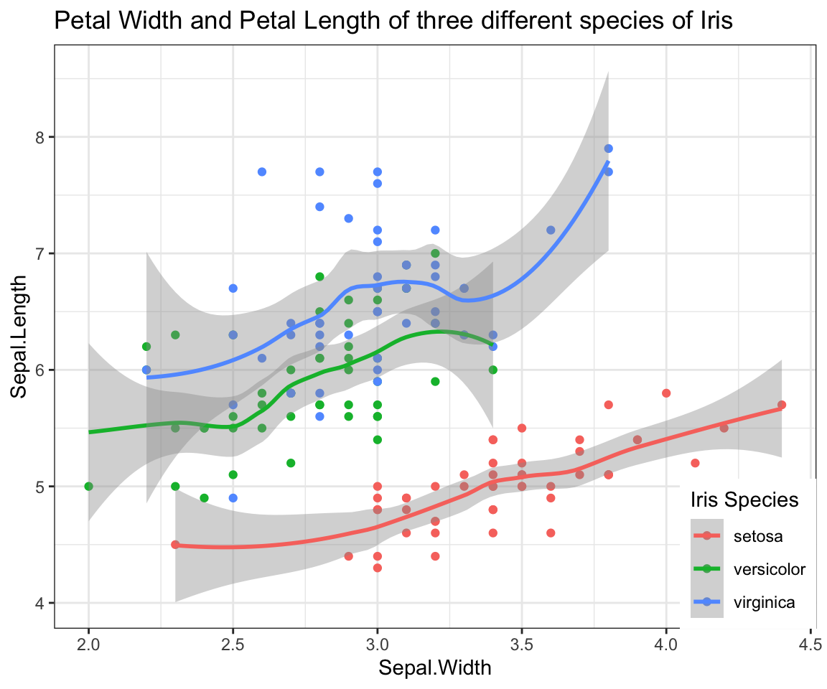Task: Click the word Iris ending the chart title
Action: click(x=716, y=22)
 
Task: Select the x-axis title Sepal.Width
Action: click(x=435, y=668)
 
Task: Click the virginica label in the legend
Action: click(x=765, y=603)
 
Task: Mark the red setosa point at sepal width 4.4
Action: click(x=782, y=405)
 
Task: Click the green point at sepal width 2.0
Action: click(x=88, y=487)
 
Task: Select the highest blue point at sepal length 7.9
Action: click(x=608, y=149)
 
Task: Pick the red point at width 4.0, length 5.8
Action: click(x=666, y=393)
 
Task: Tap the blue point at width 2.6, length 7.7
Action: click(x=262, y=172)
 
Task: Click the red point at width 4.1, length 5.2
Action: click(x=695, y=463)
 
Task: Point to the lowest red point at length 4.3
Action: click(x=378, y=568)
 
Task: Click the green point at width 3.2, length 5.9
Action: click(x=435, y=382)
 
